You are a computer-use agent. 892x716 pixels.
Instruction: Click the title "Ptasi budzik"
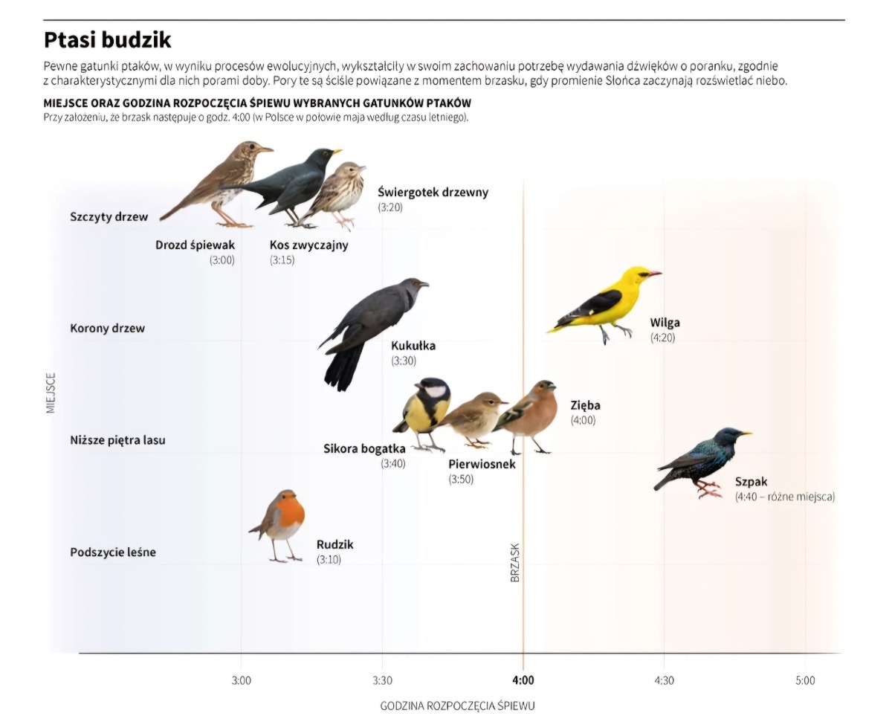(107, 39)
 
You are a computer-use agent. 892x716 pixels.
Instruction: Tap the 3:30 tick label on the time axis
(381, 680)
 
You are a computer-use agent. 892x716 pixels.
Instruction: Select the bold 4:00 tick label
(523, 680)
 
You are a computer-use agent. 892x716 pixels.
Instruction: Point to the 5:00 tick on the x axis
(804, 680)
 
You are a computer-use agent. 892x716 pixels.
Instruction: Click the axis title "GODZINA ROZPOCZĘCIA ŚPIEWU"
(457, 705)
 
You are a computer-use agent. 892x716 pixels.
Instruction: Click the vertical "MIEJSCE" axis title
(51, 393)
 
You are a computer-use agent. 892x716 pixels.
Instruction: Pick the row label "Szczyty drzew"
(109, 217)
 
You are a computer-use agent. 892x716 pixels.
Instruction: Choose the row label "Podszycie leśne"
(113, 552)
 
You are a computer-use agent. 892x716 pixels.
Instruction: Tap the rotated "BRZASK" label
(515, 561)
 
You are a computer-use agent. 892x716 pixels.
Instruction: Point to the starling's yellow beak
(746, 433)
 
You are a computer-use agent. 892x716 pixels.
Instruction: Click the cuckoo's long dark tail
(343, 368)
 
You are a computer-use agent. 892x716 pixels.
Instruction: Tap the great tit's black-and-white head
(432, 390)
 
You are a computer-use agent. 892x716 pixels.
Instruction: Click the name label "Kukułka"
(413, 346)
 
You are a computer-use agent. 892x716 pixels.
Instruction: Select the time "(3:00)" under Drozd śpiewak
(222, 260)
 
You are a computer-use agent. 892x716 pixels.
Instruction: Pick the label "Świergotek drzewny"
(433, 193)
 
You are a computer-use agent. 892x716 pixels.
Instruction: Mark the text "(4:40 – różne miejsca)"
(784, 497)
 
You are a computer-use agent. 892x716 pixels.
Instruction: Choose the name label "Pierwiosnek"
(482, 465)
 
